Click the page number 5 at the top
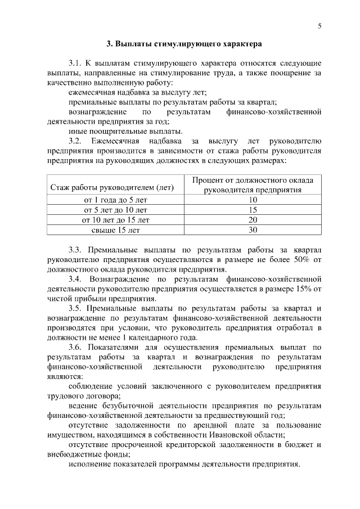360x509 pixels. click(319, 26)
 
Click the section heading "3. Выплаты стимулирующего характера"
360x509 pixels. click(184, 43)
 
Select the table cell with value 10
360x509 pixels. click(253, 200)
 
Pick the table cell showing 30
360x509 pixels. click(253, 230)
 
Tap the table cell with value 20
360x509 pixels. click(253, 220)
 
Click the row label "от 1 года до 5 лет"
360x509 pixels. click(116, 200)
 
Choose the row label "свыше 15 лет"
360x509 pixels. click(116, 230)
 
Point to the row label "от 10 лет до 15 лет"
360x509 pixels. click(116, 220)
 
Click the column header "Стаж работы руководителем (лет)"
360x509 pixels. click(112, 187)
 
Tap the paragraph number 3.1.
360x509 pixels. click(75, 63)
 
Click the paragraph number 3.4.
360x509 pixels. click(75, 278)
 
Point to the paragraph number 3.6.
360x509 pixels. click(75, 347)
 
